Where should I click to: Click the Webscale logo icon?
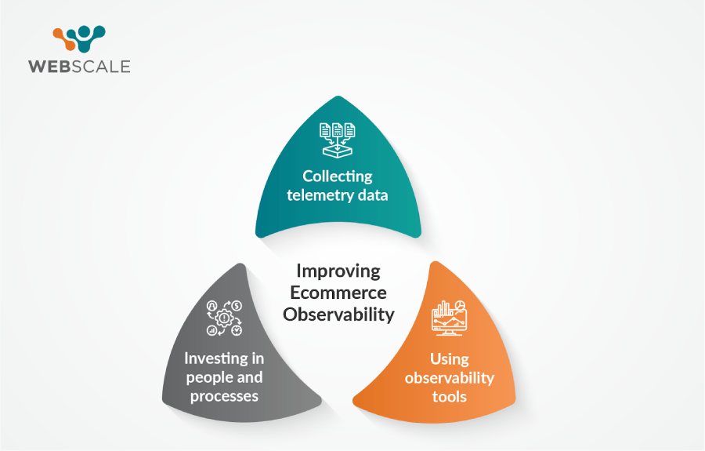click(79, 38)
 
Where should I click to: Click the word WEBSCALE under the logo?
click(79, 67)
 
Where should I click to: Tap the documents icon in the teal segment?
click(337, 140)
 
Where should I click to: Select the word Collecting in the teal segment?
click(337, 176)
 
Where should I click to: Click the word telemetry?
click(320, 195)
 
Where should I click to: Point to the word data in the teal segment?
click(373, 195)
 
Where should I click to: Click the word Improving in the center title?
click(338, 271)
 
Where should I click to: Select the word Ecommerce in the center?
click(338, 293)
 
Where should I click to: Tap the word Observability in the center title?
click(338, 315)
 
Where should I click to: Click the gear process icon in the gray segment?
click(224, 318)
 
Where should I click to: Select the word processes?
click(224, 397)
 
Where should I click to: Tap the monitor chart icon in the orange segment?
click(449, 318)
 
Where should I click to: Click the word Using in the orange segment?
click(449, 359)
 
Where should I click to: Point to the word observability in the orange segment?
click(449, 377)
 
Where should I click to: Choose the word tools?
click(449, 397)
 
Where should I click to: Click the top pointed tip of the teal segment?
click(338, 96)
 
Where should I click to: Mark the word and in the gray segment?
click(250, 377)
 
